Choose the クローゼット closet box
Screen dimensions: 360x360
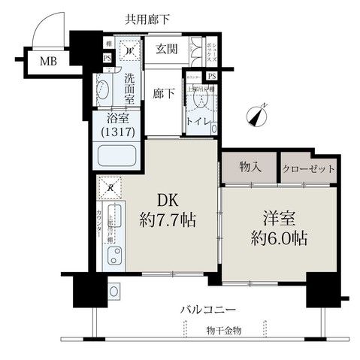click(x=308, y=168)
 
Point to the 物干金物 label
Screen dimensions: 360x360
click(x=225, y=331)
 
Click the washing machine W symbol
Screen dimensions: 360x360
click(x=129, y=51)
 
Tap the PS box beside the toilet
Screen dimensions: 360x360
click(x=212, y=76)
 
